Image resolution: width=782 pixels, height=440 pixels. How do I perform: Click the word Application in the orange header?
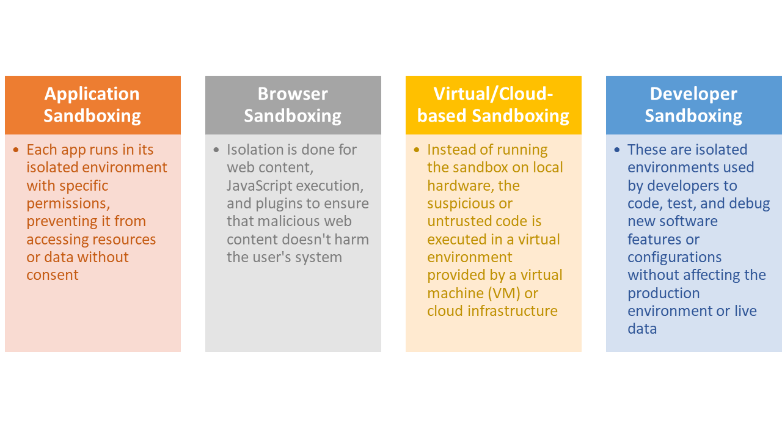click(92, 94)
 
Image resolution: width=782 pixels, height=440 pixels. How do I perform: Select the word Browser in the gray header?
click(293, 94)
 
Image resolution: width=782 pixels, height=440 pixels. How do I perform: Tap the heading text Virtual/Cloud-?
click(493, 94)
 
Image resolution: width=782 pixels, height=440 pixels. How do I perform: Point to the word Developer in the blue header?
click(693, 94)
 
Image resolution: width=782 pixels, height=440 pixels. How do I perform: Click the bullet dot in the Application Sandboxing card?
click(16, 150)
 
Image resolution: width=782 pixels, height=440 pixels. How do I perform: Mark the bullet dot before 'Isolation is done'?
click(216, 150)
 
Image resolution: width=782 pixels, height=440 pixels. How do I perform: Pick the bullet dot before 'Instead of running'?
click(417, 150)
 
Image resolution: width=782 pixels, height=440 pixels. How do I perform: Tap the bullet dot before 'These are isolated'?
click(617, 150)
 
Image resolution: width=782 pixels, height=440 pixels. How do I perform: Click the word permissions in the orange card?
click(68, 204)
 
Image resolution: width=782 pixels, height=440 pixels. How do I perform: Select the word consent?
click(53, 275)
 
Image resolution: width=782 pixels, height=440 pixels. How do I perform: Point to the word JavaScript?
click(258, 186)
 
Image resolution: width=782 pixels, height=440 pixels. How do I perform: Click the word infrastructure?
click(513, 311)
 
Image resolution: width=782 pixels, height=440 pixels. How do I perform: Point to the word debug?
click(748, 204)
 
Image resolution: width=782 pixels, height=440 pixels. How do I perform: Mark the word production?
click(663, 293)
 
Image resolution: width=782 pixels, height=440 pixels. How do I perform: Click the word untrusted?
click(457, 221)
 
